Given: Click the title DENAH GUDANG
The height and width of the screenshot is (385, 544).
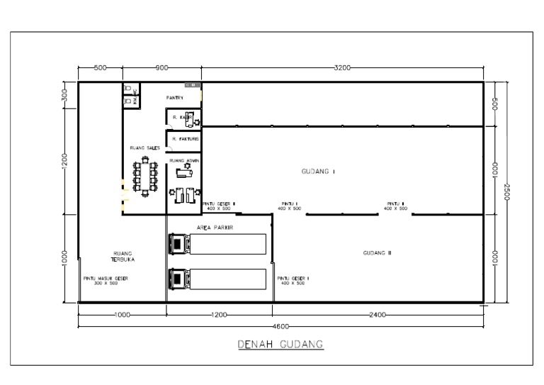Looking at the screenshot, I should (280, 345).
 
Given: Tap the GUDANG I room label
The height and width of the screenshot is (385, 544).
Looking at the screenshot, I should (318, 172).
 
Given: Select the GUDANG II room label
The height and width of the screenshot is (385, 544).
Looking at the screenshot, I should (377, 253).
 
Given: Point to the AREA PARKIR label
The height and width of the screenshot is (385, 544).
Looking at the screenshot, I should (215, 228).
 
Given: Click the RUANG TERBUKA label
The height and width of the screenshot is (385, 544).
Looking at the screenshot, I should (123, 256).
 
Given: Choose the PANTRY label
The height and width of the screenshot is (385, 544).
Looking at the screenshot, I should (175, 98).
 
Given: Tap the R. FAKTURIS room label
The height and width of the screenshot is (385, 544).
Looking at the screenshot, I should (184, 140).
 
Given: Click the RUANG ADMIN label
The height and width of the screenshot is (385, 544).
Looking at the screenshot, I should (184, 160).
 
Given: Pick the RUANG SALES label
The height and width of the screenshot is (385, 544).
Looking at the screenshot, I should (144, 148).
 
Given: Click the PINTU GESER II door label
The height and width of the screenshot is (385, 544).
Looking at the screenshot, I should (219, 206).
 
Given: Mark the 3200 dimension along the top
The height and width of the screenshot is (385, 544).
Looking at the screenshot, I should (342, 68).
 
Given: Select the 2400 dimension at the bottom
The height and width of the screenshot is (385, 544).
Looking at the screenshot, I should (377, 314).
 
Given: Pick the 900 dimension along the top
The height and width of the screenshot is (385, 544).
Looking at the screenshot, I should (161, 68).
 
